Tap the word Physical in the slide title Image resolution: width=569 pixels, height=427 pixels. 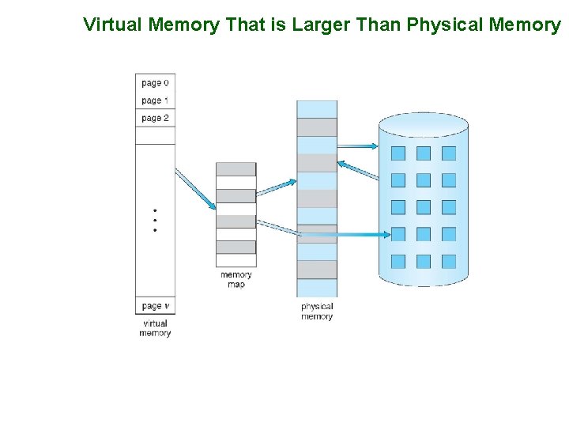tap(443, 25)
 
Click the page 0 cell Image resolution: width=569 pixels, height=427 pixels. tap(155, 83)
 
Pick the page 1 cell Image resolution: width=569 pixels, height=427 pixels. tap(155, 100)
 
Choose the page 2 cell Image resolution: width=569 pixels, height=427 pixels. tap(155, 118)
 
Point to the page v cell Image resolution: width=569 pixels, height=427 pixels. tap(155, 306)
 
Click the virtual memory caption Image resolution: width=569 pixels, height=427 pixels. tap(155, 328)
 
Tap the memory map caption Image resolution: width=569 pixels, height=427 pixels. tap(236, 280)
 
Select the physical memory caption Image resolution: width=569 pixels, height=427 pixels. tap(317, 312)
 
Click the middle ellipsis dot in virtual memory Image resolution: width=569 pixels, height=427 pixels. tap(155, 220)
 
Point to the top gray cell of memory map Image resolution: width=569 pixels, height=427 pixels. tap(236, 169)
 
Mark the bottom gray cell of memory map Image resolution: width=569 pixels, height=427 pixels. tap(236, 247)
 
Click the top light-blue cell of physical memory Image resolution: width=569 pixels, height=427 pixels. tap(317, 109)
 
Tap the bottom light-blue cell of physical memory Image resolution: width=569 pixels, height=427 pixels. tap(317, 288)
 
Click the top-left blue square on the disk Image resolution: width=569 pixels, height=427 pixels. tap(398, 153)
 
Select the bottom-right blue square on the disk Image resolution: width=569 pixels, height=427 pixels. tap(449, 261)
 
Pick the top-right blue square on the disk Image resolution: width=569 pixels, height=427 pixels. tap(449, 153)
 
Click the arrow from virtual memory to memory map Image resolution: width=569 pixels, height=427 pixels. tap(194, 190)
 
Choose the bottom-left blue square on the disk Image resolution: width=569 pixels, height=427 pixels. tap(398, 261)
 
